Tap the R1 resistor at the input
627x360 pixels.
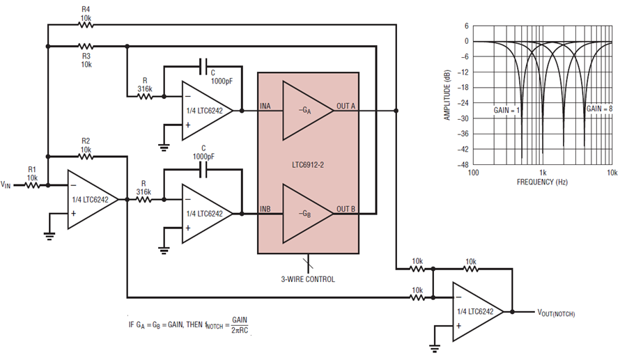point(32,185)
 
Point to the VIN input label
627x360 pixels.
point(6,185)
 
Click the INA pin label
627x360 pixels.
point(265,106)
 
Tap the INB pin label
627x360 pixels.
point(265,208)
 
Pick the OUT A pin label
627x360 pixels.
point(346,106)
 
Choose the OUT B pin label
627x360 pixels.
point(346,208)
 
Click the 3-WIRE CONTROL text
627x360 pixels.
point(308,279)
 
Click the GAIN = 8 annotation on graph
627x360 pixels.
point(598,109)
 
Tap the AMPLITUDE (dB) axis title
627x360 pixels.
point(448,95)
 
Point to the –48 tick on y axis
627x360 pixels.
point(463,165)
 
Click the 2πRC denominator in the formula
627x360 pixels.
point(239,329)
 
